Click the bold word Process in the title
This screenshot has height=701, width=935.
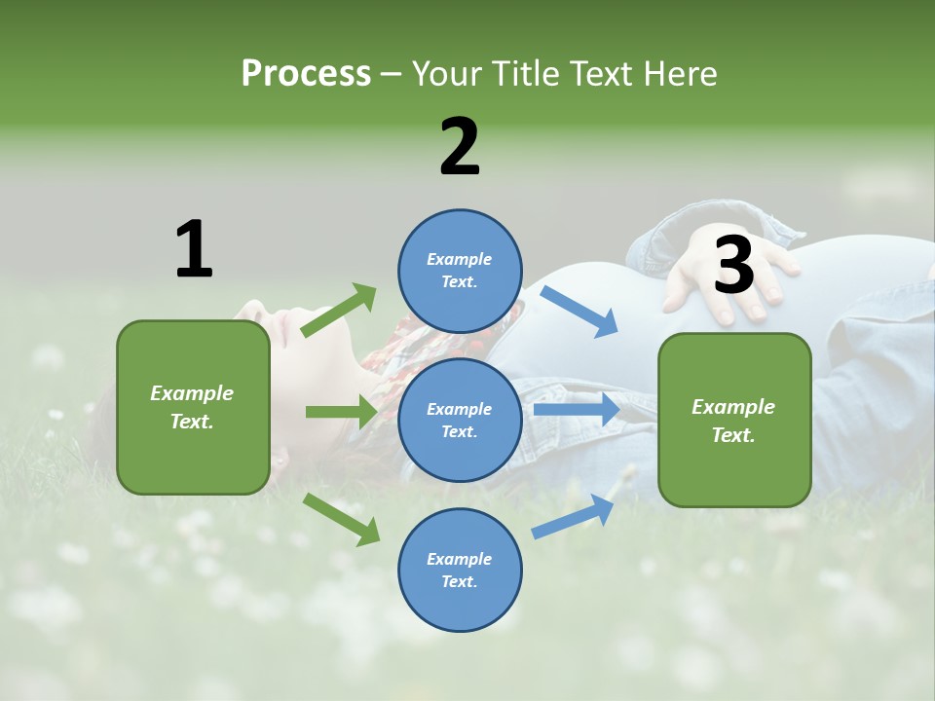(x=306, y=73)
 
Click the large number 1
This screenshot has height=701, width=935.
(x=194, y=249)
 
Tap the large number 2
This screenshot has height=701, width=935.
(x=460, y=147)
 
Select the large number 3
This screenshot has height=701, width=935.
(x=733, y=266)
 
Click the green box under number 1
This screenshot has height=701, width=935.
(x=193, y=407)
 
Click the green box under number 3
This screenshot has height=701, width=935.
(x=734, y=420)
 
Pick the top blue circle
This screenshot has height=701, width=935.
(x=460, y=271)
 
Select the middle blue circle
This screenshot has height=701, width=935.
(x=460, y=420)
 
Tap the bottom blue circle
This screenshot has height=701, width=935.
(x=460, y=570)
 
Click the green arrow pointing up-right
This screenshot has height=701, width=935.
(x=339, y=311)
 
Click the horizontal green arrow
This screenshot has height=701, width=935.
(x=341, y=412)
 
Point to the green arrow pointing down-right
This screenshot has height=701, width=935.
(x=341, y=518)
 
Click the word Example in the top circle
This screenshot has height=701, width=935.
(x=459, y=259)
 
